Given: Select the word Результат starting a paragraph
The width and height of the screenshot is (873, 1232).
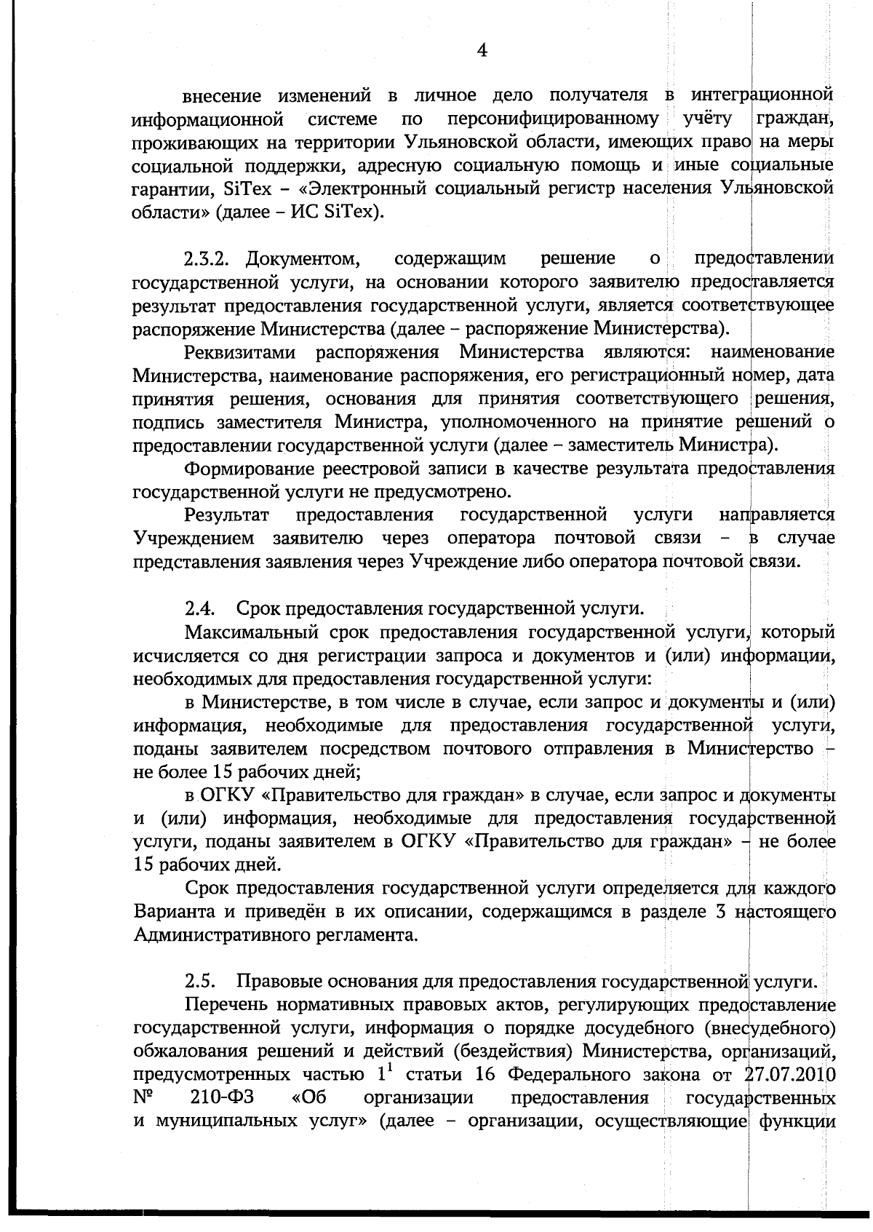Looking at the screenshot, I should [226, 515].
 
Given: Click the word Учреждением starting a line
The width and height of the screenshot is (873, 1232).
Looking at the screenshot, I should [194, 538].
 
